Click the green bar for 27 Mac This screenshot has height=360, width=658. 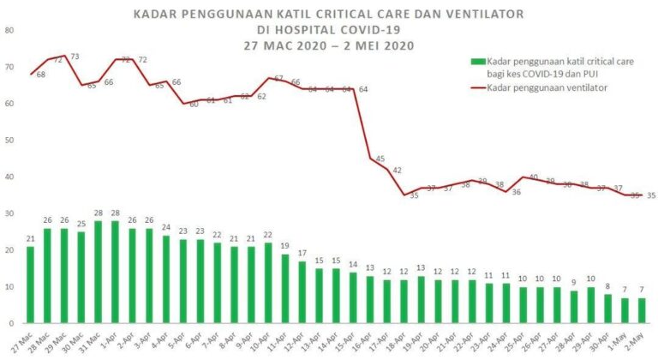(31, 285)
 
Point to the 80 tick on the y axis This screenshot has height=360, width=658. (9, 30)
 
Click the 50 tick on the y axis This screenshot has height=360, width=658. (9, 140)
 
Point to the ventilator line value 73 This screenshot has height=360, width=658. (75, 57)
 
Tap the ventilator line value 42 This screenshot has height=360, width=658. (397, 171)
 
